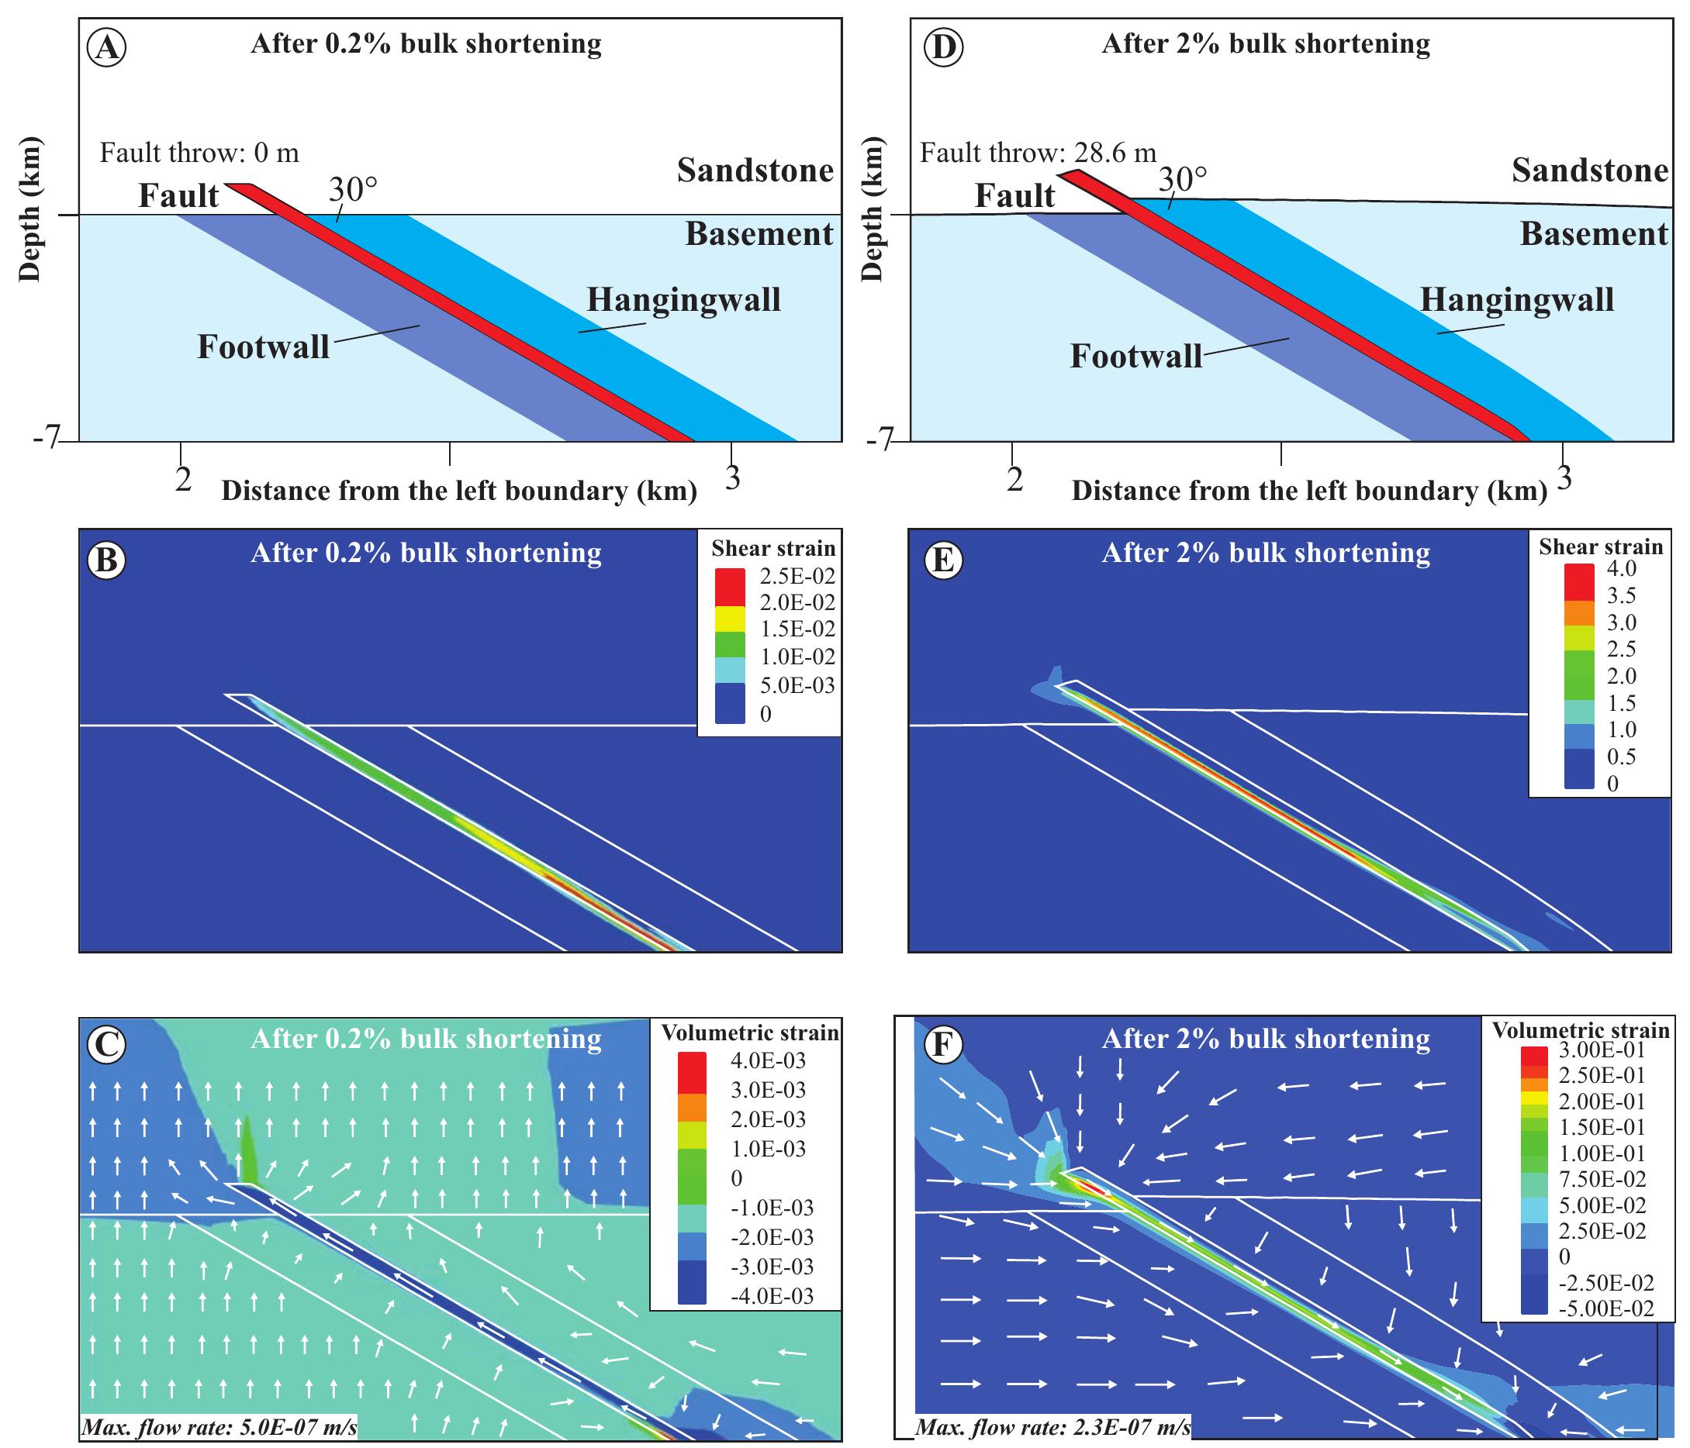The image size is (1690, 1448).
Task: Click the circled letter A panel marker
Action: [x=107, y=49]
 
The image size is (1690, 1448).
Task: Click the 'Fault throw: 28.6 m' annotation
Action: [x=1038, y=153]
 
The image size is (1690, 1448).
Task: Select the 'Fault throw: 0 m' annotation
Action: [x=199, y=153]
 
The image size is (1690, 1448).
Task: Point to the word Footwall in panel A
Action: [x=264, y=347]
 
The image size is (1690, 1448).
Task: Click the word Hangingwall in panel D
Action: [x=1517, y=300]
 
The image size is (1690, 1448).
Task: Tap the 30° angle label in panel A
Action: [x=353, y=189]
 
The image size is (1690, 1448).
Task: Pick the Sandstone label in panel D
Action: [x=1590, y=171]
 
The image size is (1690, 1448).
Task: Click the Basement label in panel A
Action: [x=759, y=234]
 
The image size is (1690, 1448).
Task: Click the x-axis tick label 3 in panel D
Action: [x=1564, y=477]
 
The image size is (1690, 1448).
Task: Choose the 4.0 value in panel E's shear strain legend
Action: [x=1622, y=568]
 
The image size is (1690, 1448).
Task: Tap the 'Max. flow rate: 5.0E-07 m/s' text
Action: [x=219, y=1428]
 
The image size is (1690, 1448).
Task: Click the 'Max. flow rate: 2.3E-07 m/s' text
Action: [x=1052, y=1428]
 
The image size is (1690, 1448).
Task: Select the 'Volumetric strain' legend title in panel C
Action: [x=749, y=1033]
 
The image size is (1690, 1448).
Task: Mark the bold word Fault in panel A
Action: [x=178, y=195]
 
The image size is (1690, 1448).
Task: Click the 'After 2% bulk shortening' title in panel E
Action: [x=1265, y=553]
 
